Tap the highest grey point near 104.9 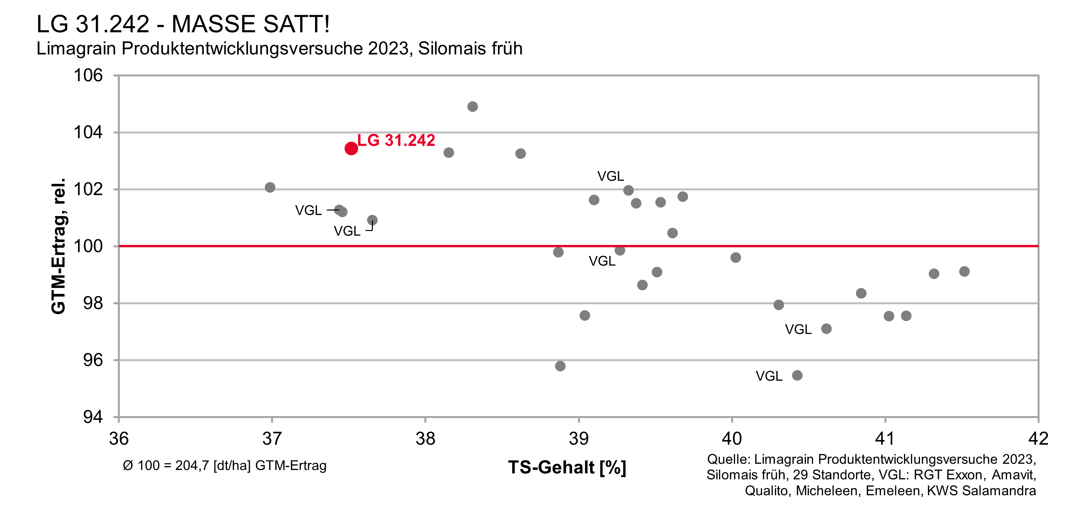(x=472, y=107)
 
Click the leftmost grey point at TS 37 (x=270, y=187)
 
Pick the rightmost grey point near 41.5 (x=964, y=271)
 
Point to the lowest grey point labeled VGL (x=797, y=375)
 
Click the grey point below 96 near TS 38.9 (x=560, y=366)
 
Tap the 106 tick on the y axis (x=88, y=75)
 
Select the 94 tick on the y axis (x=92, y=417)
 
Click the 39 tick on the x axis (x=579, y=438)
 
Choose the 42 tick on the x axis (x=1038, y=438)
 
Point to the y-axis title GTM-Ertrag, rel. (x=59, y=246)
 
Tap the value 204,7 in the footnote (x=192, y=465)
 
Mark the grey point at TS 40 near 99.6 (x=736, y=258)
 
